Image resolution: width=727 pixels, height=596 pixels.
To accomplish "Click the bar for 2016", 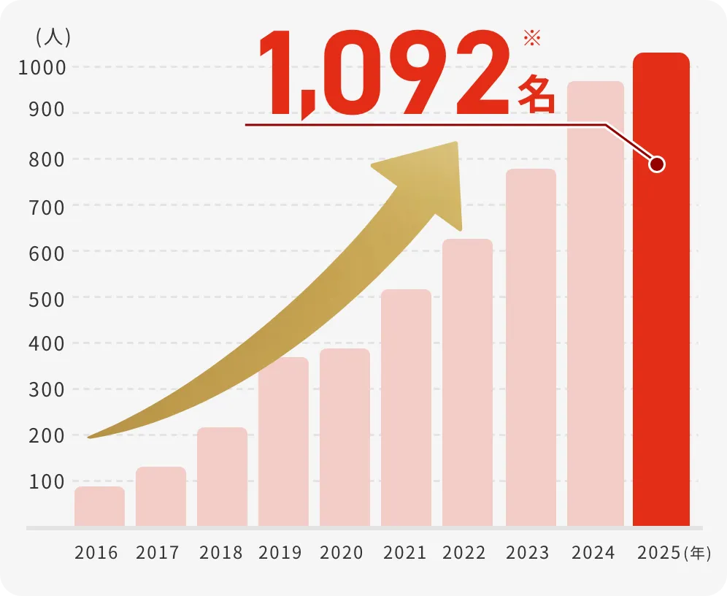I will coord(99,506).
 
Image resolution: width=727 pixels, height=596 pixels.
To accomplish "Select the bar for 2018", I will coord(222,476).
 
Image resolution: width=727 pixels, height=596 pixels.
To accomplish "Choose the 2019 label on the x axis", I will coord(280,553).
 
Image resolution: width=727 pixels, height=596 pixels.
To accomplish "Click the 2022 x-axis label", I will coord(464,553).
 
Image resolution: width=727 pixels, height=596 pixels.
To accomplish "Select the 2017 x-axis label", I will coord(158,553).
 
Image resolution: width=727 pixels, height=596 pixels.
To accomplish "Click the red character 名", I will coord(536,94).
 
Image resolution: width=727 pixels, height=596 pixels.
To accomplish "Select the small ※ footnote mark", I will coord(532,39).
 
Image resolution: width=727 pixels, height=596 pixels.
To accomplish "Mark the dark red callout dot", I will coord(656,164).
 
